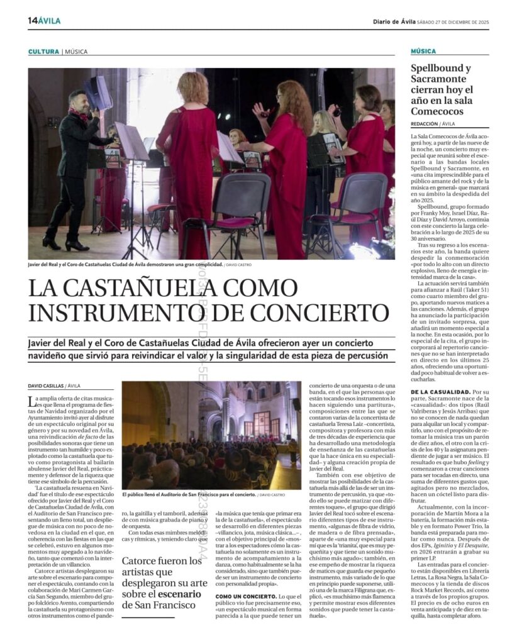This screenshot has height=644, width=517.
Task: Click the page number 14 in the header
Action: [32, 21]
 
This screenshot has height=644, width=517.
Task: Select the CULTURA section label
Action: [43, 52]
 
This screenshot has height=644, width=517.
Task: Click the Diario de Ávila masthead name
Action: [394, 21]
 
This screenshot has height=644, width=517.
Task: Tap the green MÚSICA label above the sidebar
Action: [423, 52]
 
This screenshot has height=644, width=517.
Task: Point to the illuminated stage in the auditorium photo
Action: [260, 428]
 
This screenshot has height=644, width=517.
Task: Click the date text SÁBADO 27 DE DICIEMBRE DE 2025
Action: [453, 21]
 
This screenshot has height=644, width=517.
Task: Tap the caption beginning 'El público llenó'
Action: [189, 495]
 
